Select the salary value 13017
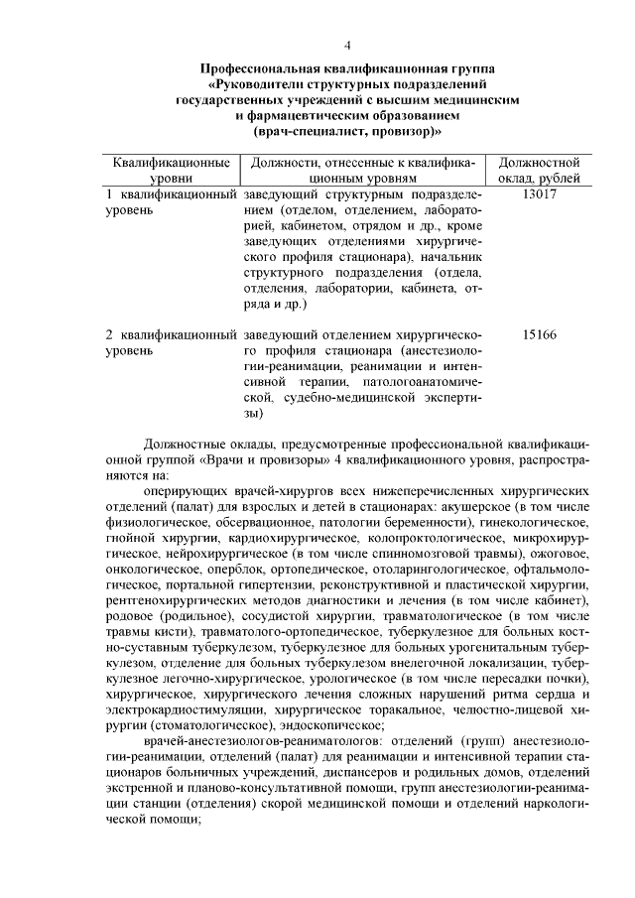(x=538, y=194)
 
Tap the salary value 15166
(x=538, y=334)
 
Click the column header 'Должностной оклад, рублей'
(x=538, y=170)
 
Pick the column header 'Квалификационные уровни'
(x=172, y=170)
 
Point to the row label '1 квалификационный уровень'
(x=172, y=202)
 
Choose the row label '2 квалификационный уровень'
(x=172, y=342)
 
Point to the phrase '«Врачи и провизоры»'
(x=248, y=460)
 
